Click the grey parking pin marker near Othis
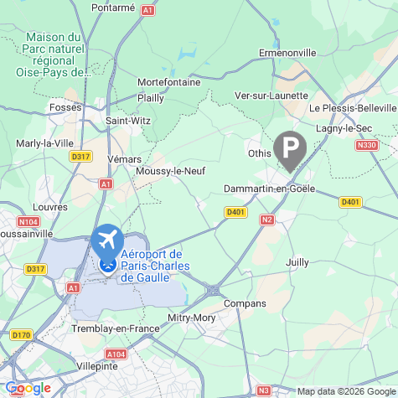290,151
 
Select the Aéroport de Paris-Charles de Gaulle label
152,266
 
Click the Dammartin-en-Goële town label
269,189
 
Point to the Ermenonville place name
287,53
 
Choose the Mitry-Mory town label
192,318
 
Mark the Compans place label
246,302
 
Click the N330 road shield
366,145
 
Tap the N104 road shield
28,221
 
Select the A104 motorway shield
116,355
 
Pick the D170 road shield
21,334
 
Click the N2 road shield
267,220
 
